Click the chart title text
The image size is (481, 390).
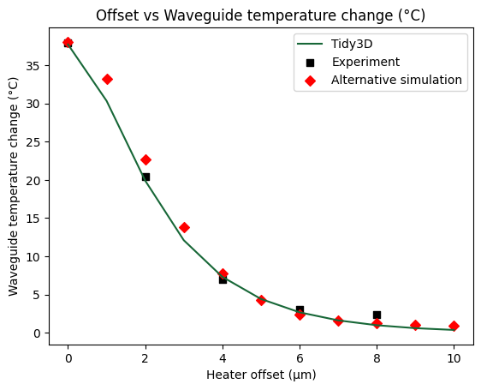coord(260,16)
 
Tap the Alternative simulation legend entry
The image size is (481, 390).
coord(396,80)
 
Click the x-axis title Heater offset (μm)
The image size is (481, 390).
coord(260,375)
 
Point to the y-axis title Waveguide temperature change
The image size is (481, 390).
coord(14,186)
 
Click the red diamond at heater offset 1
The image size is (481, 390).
coord(107,79)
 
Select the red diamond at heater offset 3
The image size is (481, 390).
coord(184,227)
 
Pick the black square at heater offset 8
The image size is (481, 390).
coord(377,315)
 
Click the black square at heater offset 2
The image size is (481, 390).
coord(145,177)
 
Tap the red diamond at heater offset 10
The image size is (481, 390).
coord(454,326)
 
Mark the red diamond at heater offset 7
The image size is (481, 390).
coord(338,321)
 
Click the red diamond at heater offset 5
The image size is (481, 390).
coord(261,300)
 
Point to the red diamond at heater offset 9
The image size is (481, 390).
coord(415,325)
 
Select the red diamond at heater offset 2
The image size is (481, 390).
coord(145,159)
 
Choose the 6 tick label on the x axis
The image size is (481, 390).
coord(300,357)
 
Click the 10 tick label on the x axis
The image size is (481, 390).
coord(454,357)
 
